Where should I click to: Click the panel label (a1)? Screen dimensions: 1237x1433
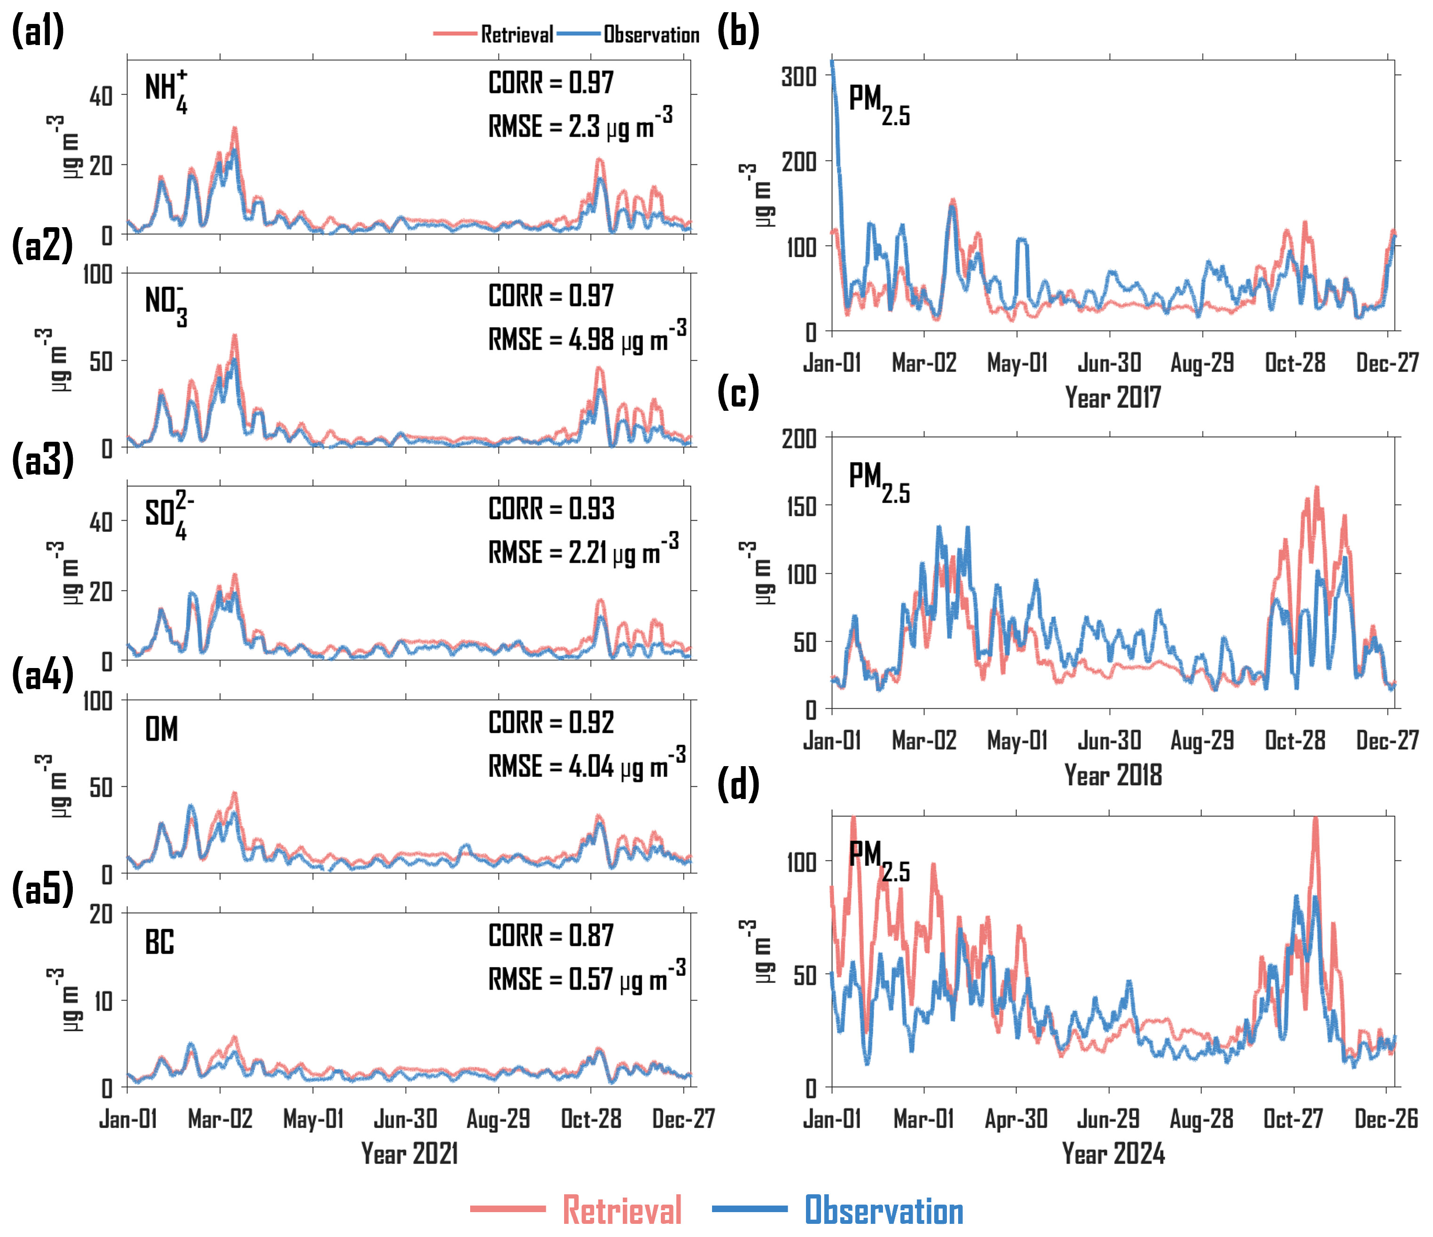(x=38, y=31)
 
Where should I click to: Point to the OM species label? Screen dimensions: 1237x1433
(x=161, y=730)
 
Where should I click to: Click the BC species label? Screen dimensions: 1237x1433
(x=159, y=943)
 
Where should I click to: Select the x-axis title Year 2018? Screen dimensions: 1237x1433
(x=1113, y=775)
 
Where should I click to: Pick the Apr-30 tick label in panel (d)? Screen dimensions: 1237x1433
(x=1016, y=1119)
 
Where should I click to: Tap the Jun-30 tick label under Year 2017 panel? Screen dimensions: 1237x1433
(x=1109, y=363)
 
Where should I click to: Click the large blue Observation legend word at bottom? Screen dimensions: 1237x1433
(x=884, y=1211)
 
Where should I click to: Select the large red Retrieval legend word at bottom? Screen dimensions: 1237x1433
(x=622, y=1211)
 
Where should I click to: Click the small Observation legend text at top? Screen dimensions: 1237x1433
(x=651, y=35)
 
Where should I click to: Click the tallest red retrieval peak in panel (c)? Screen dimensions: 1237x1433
(x=1316, y=488)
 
